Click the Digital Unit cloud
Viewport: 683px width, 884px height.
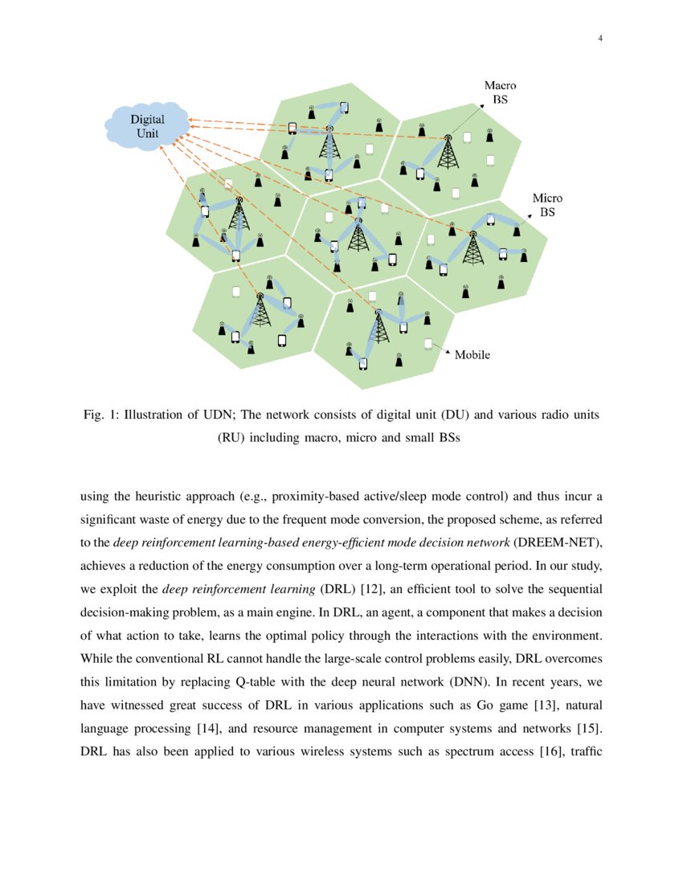[x=147, y=127]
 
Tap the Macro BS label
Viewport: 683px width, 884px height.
[x=500, y=92]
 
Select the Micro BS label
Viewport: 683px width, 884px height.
[x=547, y=205]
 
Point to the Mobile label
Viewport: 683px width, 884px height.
[x=472, y=354]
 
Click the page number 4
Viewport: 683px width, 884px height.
[x=600, y=39]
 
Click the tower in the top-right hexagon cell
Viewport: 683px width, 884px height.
[x=447, y=153]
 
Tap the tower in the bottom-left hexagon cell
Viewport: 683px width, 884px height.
[x=260, y=310]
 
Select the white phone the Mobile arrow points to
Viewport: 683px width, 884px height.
[x=428, y=343]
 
